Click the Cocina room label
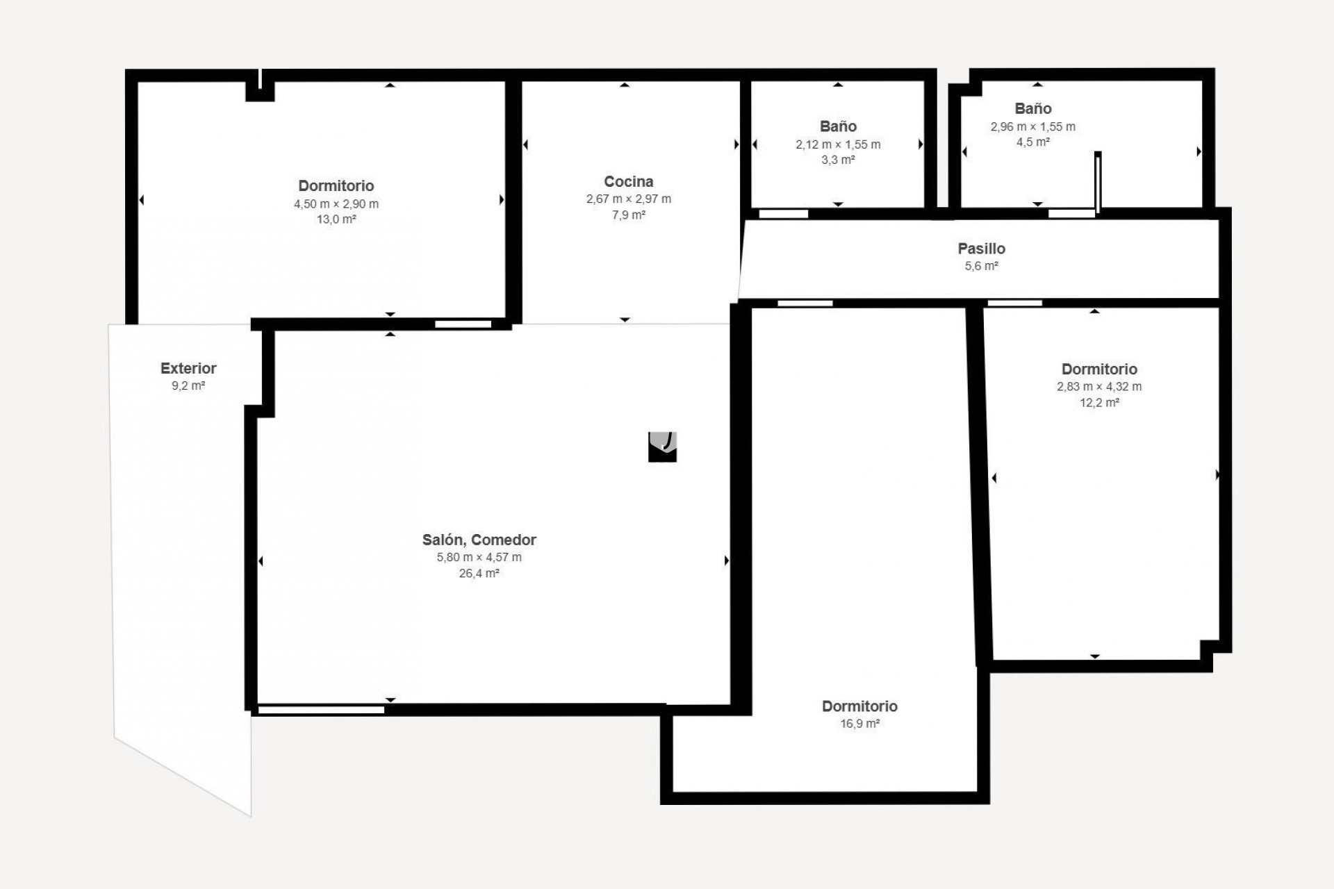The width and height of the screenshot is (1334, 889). (x=628, y=181)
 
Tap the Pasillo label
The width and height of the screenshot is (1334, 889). (x=981, y=248)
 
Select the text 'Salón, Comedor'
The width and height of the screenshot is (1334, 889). (x=479, y=540)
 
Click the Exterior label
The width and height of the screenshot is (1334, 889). (x=188, y=368)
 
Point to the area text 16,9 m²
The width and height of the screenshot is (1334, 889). (x=859, y=724)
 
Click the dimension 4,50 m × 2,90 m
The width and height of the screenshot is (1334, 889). (x=336, y=204)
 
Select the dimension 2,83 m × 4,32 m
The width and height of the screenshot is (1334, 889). (x=1098, y=387)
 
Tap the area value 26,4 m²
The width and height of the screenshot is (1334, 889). (x=479, y=574)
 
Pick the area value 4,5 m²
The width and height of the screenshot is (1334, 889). (x=1032, y=142)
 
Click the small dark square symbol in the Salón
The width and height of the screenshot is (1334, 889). (x=662, y=447)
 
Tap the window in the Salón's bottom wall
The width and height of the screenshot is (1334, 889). (x=321, y=710)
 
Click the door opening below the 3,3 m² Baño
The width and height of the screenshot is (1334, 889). (x=783, y=214)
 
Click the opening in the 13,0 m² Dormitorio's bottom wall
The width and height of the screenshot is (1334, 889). (x=463, y=324)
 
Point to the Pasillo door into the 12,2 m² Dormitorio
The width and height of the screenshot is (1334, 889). (x=1014, y=303)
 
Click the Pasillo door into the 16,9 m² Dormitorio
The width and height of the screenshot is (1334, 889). (x=805, y=304)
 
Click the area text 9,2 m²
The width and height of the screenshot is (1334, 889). (x=188, y=385)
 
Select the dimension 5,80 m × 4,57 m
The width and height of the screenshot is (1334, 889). (x=479, y=557)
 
